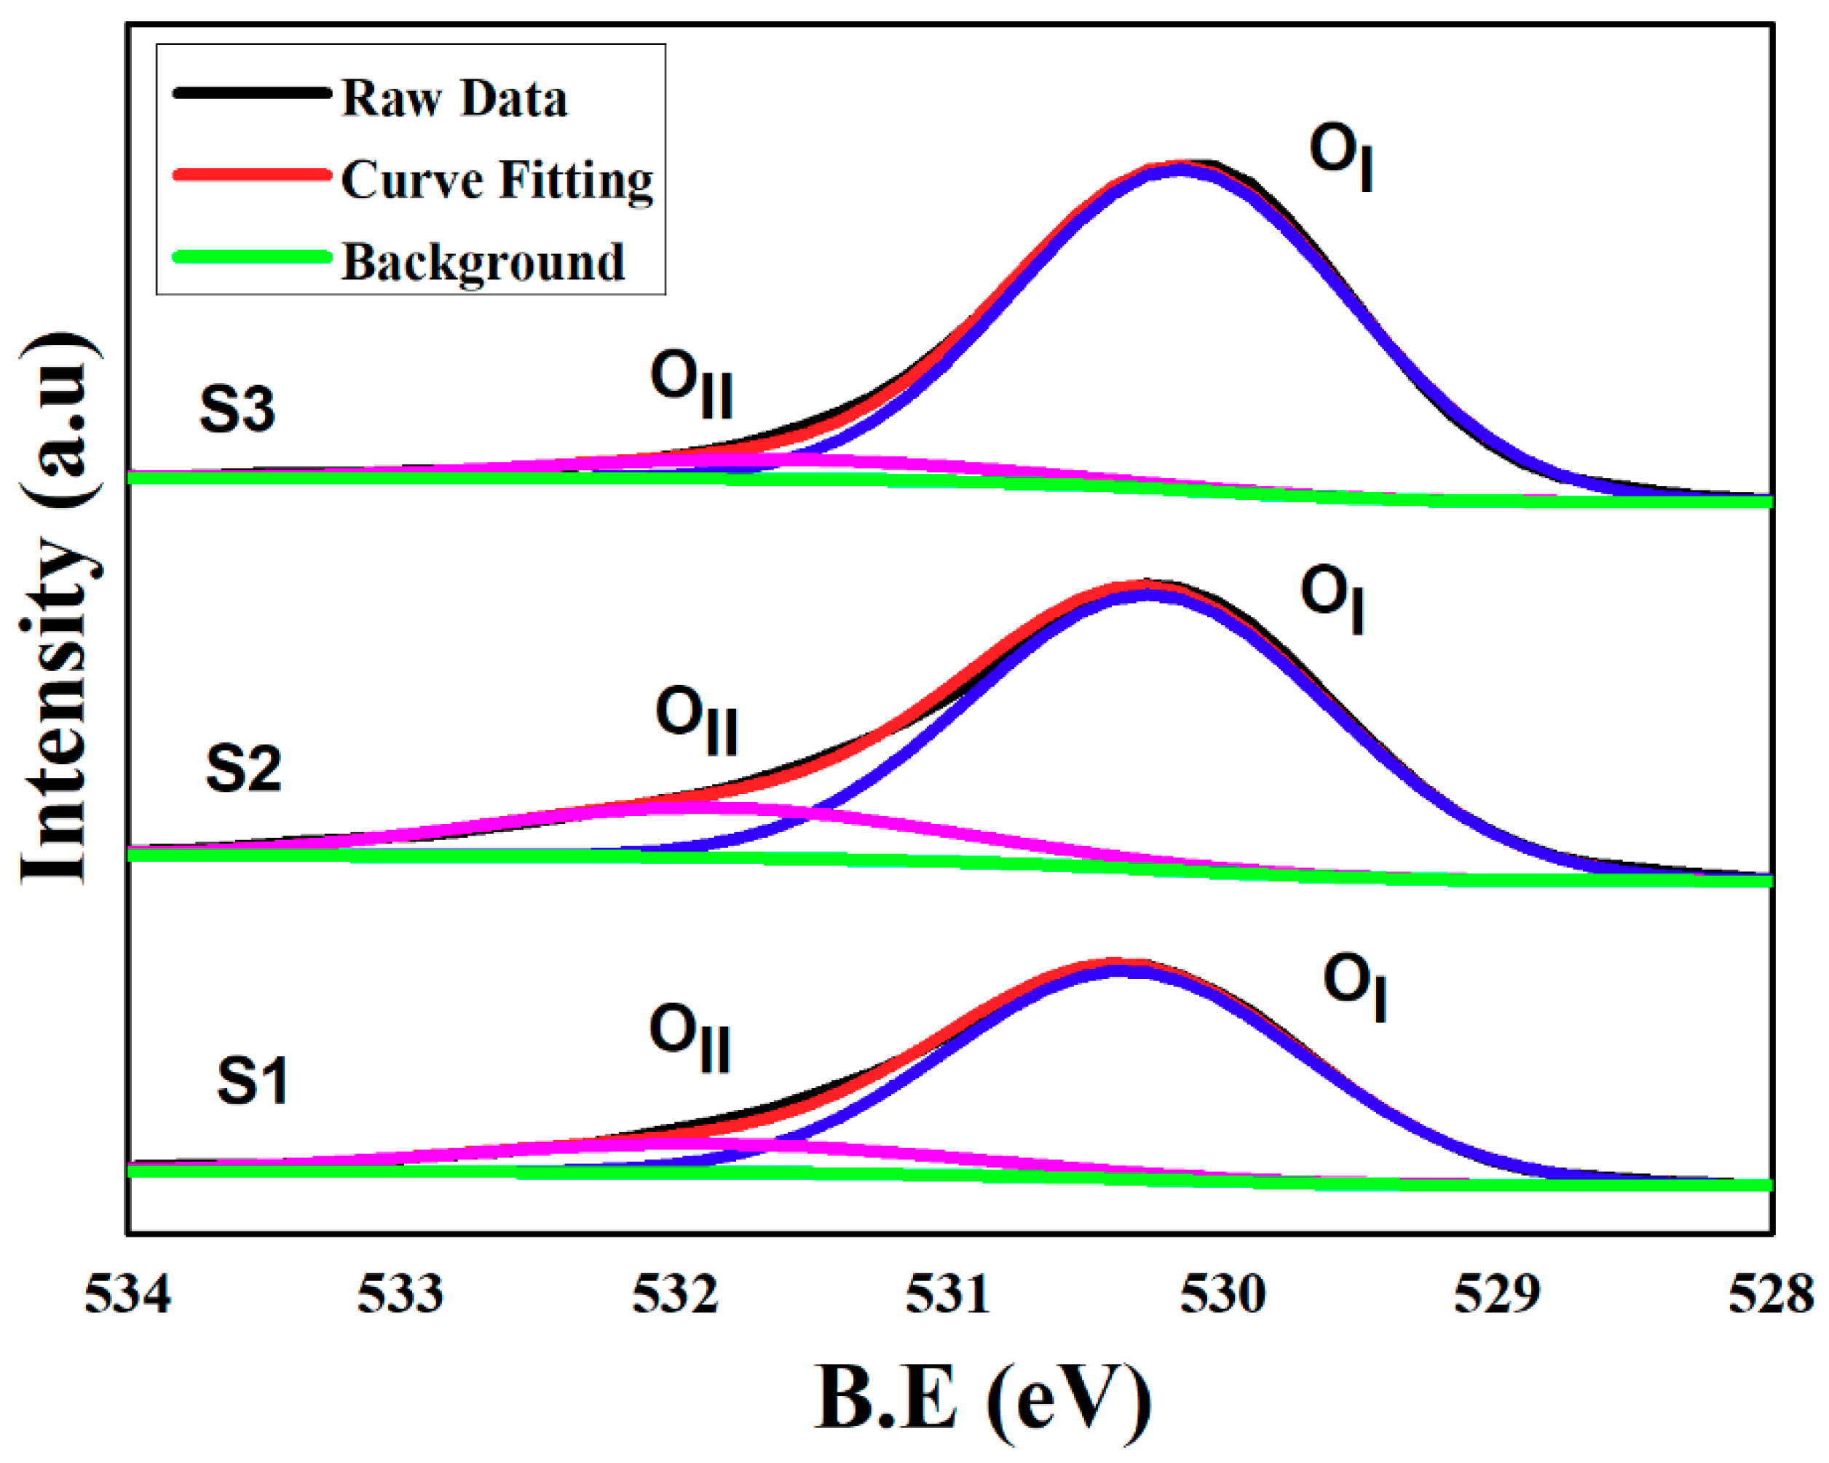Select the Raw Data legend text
[454, 98]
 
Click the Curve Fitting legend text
[497, 181]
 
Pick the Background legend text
[483, 262]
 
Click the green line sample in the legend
[251, 257]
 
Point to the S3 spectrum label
[237, 409]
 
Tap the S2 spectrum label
[242, 769]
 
